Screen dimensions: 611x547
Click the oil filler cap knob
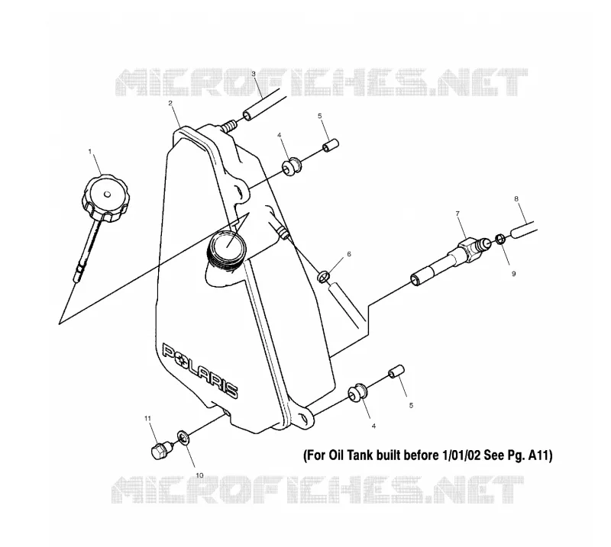[x=104, y=198]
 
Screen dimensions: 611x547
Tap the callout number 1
[x=90, y=152]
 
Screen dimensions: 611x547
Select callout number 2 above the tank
[x=170, y=103]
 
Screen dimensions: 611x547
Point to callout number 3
[x=254, y=73]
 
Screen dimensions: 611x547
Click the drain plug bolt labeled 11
[x=160, y=450]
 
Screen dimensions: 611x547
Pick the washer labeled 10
[x=183, y=437]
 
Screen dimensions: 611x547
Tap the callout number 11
[x=147, y=419]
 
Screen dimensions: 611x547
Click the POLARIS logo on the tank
[x=200, y=370]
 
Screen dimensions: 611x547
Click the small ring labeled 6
[x=324, y=277]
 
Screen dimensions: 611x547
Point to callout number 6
[x=349, y=254]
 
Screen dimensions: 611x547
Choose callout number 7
[x=457, y=214]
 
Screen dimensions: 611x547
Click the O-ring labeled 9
[x=501, y=239]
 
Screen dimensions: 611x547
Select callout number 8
[x=516, y=198]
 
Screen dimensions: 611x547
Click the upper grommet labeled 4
[x=292, y=166]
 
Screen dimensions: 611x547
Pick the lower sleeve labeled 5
[x=396, y=372]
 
